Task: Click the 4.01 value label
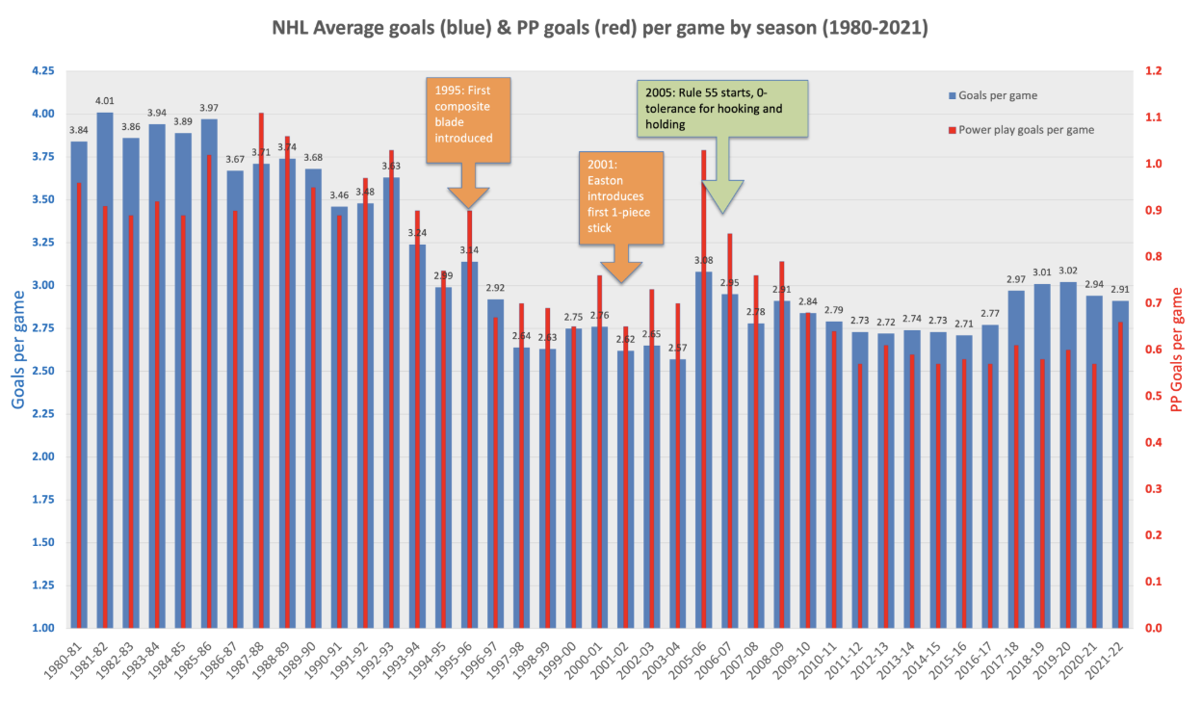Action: [x=105, y=100]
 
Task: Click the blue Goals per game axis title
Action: [x=19, y=349]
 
